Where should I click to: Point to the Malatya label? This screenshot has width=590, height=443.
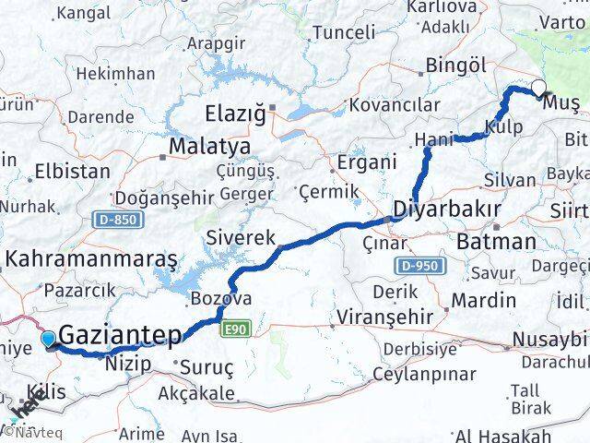coord(209,147)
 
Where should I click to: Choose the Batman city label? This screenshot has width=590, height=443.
coord(496,243)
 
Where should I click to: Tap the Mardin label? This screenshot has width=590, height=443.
coord(483,300)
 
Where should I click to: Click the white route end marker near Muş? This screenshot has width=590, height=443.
coord(538,90)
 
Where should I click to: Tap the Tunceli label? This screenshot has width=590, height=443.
coord(344,33)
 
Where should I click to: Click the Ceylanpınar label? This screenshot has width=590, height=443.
coord(424,374)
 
